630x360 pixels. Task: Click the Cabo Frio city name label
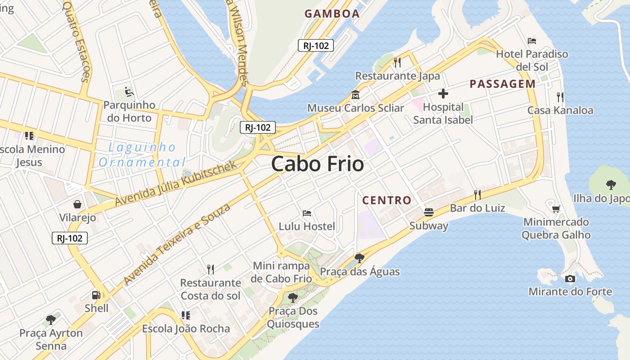pos(317,164)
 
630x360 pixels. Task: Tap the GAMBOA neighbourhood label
pos(332,13)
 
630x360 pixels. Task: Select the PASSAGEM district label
pos(503,84)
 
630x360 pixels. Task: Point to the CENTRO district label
pos(387,200)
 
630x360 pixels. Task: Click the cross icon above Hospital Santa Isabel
pos(443,94)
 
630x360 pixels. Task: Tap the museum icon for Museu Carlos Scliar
pos(355,95)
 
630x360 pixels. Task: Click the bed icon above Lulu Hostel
pos(307,213)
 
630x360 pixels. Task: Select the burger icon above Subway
pos(429,212)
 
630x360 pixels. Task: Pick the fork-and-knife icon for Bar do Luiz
pos(477,195)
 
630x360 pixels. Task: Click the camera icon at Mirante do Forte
pos(570,279)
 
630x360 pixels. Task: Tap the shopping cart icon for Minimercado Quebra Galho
pos(556,208)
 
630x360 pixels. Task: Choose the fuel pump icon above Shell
pos(96,295)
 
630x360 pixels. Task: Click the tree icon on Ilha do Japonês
pos(611,184)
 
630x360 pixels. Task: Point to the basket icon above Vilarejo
pos(77,205)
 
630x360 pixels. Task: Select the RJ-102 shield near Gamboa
pos(316,45)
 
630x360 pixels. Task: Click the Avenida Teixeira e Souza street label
pos(177,244)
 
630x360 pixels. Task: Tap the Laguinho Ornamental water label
pos(142,154)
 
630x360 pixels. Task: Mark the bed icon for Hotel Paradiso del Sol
pos(532,41)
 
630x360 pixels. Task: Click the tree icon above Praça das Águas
pos(359,258)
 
